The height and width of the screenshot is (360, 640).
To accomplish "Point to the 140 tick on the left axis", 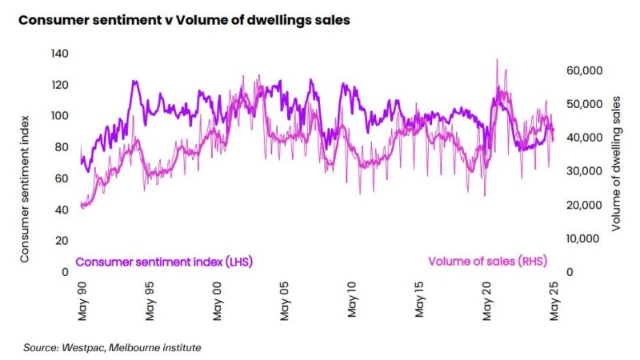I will pos(59,53).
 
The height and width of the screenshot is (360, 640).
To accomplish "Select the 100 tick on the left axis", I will pos(59,115).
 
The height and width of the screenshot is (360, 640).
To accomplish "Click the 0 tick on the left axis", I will pos(65,272).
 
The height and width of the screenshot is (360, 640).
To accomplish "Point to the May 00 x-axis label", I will pos(218,302).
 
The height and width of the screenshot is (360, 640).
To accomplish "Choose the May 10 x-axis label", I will pos(352,302).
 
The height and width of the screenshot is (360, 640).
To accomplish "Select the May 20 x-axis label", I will pos(487,302).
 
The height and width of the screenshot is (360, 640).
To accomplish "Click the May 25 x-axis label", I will pos(554,302).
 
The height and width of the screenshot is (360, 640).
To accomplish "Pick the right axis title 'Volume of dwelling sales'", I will pos(617,162).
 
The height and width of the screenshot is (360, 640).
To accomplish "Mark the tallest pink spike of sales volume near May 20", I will pos(498,60).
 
